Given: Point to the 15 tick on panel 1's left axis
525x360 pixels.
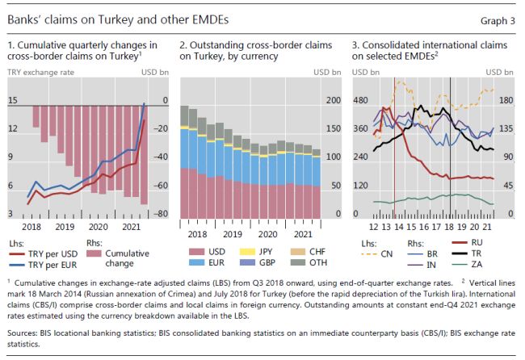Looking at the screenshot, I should click(x=14, y=100).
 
